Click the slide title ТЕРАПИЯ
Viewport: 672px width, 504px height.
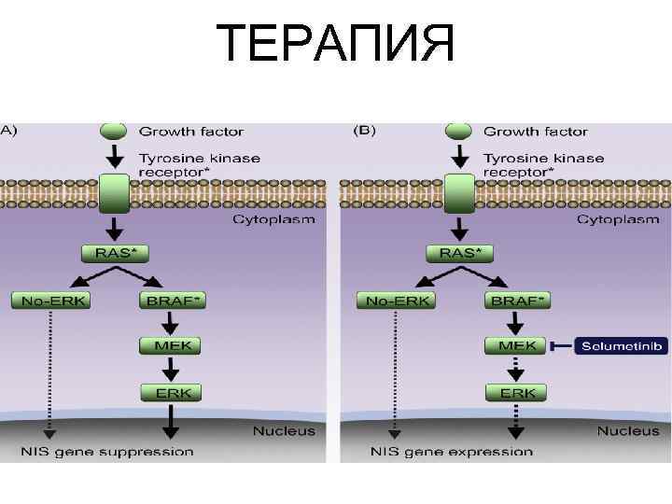click(x=336, y=44)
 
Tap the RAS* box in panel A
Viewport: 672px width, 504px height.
click(x=116, y=253)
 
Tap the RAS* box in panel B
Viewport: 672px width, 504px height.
click(x=460, y=253)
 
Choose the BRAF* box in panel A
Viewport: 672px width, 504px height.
click(x=172, y=301)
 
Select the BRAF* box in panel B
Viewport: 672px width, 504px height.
click(x=516, y=301)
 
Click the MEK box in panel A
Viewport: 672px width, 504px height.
click(x=171, y=346)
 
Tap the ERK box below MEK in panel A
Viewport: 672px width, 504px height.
click(x=171, y=392)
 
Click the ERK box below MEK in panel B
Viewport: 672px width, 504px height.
click(x=515, y=392)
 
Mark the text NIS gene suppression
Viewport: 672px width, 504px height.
click(x=108, y=452)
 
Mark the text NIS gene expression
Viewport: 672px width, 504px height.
click(x=452, y=452)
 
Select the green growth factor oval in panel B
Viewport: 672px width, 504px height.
click(x=458, y=131)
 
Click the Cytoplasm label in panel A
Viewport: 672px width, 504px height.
click(x=273, y=220)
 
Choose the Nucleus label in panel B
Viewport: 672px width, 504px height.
click(x=628, y=431)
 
